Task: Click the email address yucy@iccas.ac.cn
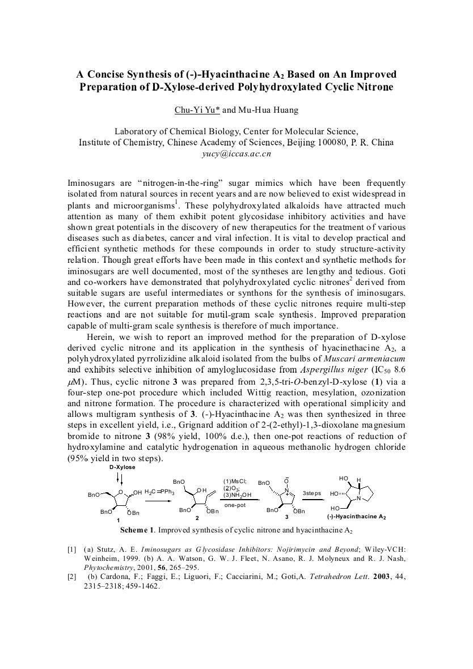[x=236, y=153]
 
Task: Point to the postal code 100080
[x=311, y=142]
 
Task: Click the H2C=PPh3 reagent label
[x=159, y=492]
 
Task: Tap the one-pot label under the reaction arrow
[x=234, y=504]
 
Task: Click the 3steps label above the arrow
[x=311, y=493]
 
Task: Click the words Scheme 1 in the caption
[x=137, y=530]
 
